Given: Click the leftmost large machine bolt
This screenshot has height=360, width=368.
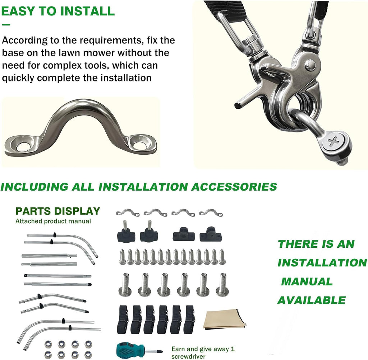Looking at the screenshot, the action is (x=125, y=284).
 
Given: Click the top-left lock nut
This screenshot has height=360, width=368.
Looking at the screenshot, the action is (x=49, y=344).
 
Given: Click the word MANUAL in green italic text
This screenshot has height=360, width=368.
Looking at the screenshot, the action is (x=307, y=281).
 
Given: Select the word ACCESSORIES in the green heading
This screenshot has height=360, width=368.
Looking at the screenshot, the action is (x=234, y=187).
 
